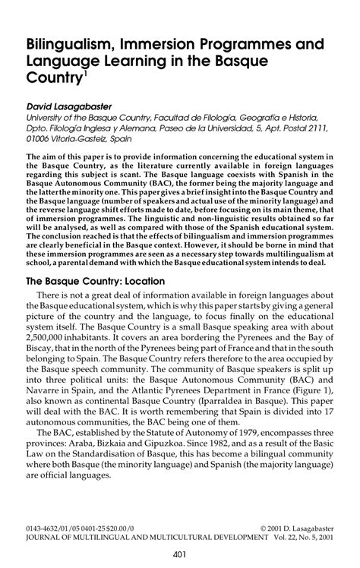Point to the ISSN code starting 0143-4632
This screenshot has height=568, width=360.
coord(46,524)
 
